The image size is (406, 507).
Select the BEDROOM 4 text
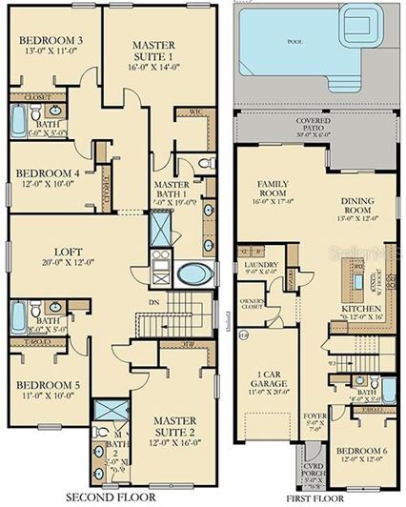[51, 173]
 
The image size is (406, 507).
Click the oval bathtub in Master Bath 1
[194, 274]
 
